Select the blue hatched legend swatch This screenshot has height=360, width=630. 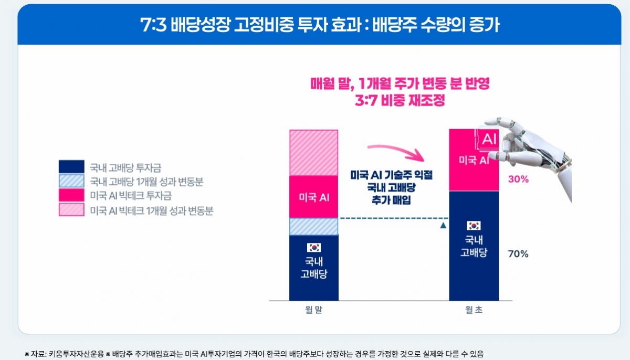tap(71, 182)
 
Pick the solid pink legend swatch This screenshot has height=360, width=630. tap(71, 196)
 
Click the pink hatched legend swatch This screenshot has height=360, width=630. tap(71, 210)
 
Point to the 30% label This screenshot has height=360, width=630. tap(518, 179)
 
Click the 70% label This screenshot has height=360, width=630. tap(518, 255)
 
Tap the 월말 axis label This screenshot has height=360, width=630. tap(313, 310)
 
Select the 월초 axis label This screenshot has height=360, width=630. tap(474, 310)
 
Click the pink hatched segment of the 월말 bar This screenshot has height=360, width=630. tap(313, 153)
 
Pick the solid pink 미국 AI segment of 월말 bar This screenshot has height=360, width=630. tap(313, 197)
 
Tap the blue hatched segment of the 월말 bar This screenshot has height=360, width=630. tap(313, 226)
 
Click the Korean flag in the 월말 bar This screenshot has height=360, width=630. tap(313, 248)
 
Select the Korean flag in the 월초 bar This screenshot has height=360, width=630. tap(474, 226)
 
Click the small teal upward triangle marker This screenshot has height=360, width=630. tap(443, 226)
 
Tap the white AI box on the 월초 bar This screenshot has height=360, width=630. tap(489, 139)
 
